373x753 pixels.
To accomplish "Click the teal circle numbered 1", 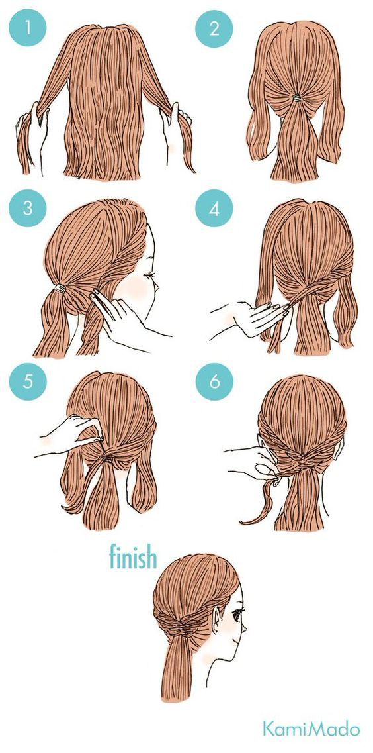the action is point(28,27).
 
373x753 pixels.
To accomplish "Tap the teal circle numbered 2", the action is point(214,28).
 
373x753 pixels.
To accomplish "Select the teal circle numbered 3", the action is point(28,209).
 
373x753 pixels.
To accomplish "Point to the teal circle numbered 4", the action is point(214,209).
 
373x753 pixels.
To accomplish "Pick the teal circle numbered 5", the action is point(28,381).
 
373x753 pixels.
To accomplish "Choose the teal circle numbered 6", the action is point(214,381).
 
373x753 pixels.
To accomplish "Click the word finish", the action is point(133,556).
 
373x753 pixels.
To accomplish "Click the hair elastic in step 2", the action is point(297,98).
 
